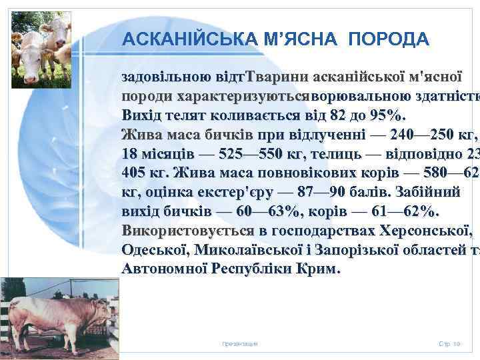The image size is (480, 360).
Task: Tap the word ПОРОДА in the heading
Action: [387, 39]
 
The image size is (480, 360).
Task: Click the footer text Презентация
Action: [240, 343]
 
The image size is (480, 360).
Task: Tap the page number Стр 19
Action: [449, 343]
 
